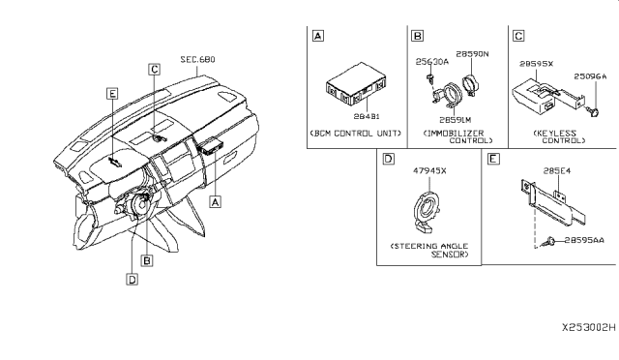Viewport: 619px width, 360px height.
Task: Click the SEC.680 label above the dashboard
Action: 196,59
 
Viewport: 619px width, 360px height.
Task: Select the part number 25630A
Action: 431,61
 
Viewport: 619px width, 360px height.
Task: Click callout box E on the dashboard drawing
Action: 112,95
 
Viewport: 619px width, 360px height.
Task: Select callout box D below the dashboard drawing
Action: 131,280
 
